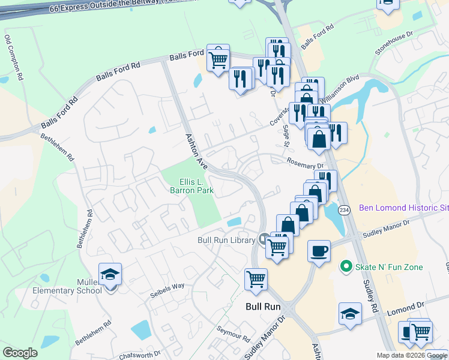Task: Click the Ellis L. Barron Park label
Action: point(197,186)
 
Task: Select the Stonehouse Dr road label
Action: point(394,44)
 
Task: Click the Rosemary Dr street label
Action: point(305,163)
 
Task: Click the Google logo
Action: point(20,353)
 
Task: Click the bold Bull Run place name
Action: point(263,306)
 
